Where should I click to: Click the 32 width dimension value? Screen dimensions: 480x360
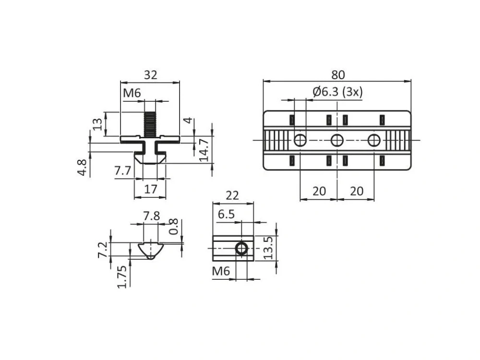(150, 75)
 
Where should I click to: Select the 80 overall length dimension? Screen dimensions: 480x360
(338, 75)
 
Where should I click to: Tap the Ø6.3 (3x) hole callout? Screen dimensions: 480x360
(337, 92)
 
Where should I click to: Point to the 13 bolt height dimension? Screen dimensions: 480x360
(98, 124)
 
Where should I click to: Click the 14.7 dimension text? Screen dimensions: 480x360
(204, 150)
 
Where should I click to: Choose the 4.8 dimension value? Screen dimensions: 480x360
(83, 167)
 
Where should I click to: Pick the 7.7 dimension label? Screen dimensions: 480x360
(123, 170)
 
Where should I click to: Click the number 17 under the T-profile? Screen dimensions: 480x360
(150, 189)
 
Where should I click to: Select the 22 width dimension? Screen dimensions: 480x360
(232, 195)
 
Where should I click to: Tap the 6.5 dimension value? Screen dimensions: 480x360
(226, 214)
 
